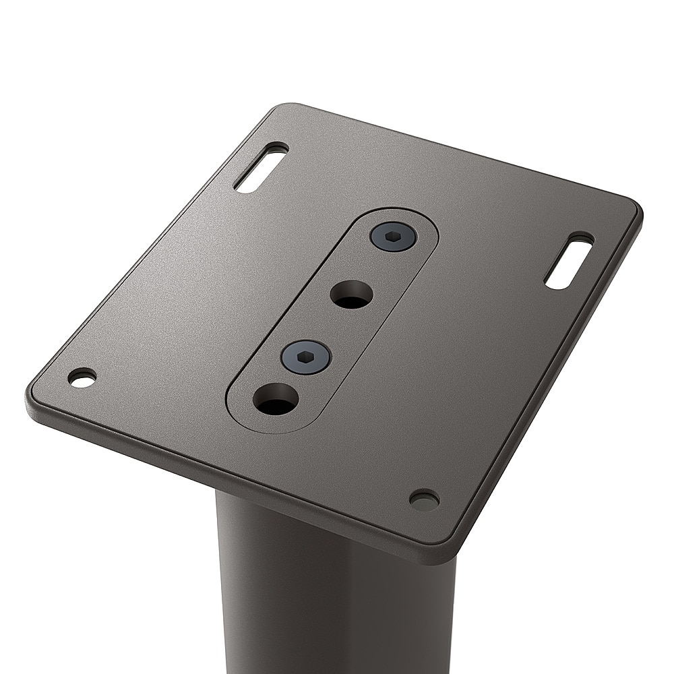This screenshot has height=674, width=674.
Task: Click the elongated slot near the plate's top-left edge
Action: (x=260, y=167)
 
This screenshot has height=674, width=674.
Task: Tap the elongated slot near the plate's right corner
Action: (x=568, y=262)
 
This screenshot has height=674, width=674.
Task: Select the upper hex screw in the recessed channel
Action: (x=393, y=237)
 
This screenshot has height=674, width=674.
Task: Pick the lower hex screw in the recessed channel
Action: (x=306, y=357)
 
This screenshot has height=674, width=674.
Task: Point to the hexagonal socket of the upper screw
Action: (x=393, y=237)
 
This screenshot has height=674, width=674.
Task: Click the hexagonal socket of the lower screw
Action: (x=306, y=357)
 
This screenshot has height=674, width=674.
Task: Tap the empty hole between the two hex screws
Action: (x=351, y=295)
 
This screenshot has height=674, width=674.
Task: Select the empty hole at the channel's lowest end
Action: (x=276, y=399)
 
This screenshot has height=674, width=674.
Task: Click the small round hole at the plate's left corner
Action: (x=82, y=378)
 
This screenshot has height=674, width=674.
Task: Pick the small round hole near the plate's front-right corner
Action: (x=425, y=499)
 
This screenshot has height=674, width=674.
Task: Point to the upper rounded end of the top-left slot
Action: (x=278, y=148)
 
